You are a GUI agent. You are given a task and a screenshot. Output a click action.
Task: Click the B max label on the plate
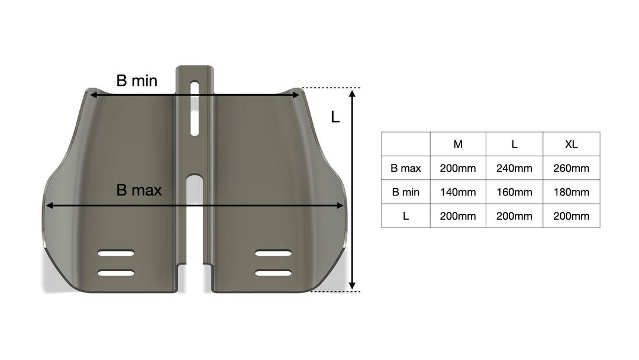[x=139, y=191]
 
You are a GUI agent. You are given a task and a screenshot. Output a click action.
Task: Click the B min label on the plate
[x=137, y=81]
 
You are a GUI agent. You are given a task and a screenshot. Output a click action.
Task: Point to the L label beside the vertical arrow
[x=335, y=117]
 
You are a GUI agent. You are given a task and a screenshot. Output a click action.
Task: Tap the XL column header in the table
[x=571, y=144]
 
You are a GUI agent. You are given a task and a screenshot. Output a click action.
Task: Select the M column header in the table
[x=458, y=144]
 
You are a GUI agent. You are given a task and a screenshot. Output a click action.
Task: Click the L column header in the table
[x=514, y=144]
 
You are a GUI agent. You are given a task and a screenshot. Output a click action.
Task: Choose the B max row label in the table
[x=406, y=168]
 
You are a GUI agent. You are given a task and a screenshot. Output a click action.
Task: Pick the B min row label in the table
[x=406, y=192]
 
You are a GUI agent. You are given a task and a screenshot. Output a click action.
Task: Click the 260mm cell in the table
[x=571, y=168]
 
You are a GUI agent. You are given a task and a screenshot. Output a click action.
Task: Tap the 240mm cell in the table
[x=514, y=168]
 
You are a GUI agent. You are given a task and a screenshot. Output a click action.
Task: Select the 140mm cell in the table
[x=458, y=192]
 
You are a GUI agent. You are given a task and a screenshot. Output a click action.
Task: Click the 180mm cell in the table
[x=571, y=192]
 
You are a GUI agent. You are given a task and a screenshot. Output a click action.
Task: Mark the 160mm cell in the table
[x=514, y=192]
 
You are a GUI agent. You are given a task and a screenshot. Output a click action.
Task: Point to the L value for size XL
[x=571, y=216]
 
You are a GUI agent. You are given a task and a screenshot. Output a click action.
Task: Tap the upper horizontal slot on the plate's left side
[x=116, y=253]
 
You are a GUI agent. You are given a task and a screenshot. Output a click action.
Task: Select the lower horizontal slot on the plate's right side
[x=273, y=273]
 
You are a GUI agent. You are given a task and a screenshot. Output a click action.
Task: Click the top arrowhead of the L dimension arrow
[x=352, y=93]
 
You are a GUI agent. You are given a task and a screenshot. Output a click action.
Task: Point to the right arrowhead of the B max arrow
[x=340, y=206]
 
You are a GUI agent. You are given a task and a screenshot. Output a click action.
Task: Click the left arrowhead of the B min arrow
[x=92, y=94]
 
